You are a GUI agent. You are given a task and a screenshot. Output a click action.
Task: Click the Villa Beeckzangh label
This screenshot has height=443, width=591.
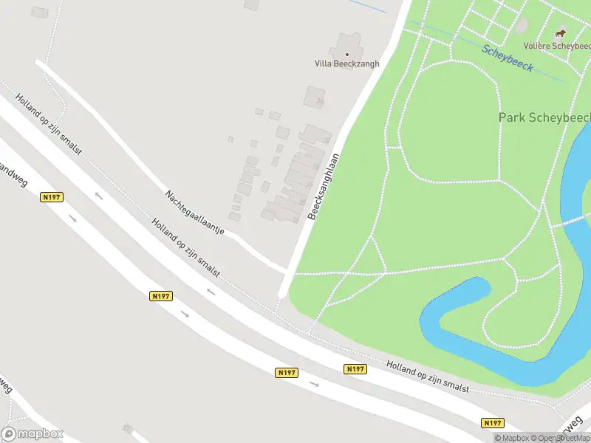coord(347,63)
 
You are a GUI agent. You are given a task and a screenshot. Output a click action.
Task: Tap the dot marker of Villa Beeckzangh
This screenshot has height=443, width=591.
coord(347,54)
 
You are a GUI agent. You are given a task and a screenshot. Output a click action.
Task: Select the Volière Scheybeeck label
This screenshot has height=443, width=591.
coord(557,45)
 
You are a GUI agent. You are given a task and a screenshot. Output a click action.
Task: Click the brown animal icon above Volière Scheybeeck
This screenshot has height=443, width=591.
coord(561,33)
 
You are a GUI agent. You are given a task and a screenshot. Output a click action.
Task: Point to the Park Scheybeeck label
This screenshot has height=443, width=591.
coord(544,117)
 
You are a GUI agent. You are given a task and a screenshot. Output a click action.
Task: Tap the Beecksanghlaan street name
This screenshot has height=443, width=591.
coord(324,185)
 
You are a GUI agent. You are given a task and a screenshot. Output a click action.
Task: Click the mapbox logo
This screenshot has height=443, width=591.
coord(33,434)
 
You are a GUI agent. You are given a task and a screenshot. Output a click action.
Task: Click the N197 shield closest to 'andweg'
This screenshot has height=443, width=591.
coord(52,197)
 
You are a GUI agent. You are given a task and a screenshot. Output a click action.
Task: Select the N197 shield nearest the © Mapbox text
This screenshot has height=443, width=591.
coord(493,423)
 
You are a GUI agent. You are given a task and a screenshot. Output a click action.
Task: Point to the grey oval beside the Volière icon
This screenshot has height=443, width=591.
coord(522,25)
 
